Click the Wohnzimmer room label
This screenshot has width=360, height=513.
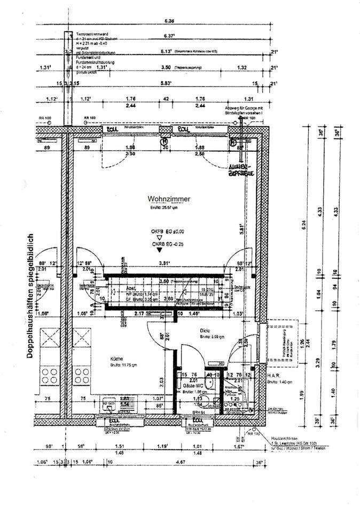click(x=169, y=199)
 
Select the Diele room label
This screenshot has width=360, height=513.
click(x=206, y=330)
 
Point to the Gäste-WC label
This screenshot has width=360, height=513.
click(x=191, y=385)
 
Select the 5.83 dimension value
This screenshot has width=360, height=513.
click(x=169, y=84)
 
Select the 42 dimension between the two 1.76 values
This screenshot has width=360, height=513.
click(x=166, y=99)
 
